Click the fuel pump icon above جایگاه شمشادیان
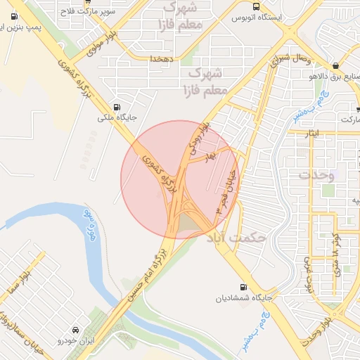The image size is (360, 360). (243, 287)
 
